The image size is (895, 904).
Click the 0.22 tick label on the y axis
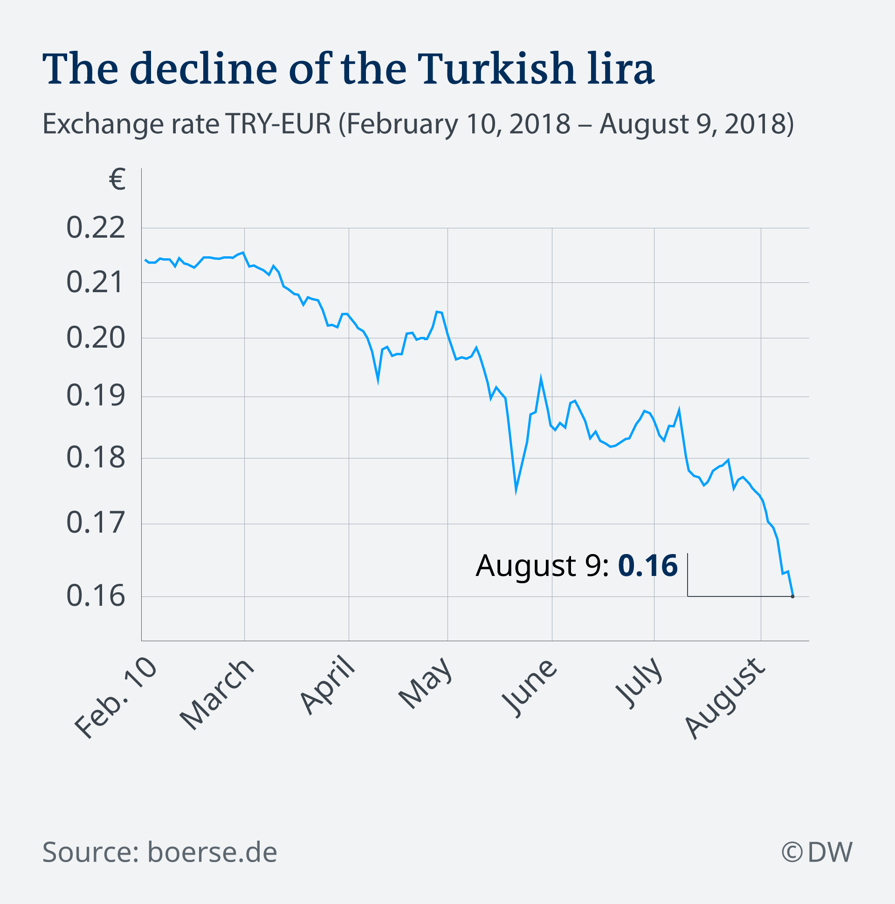(96, 228)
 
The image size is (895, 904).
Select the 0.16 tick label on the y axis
(96, 596)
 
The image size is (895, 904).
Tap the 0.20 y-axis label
(96, 337)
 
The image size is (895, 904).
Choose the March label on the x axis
(217, 695)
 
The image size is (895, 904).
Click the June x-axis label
(530, 688)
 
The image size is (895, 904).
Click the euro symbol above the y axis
(117, 180)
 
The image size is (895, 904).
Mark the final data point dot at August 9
(792, 596)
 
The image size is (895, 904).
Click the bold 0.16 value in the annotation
(647, 566)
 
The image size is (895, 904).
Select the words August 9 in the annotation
(541, 566)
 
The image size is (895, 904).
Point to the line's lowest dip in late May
(516, 490)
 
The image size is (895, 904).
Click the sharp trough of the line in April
(378, 380)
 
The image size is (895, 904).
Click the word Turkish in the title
(495, 69)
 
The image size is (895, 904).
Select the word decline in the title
(204, 69)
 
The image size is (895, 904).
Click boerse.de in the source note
(212, 852)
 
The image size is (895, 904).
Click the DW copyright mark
(817, 852)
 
